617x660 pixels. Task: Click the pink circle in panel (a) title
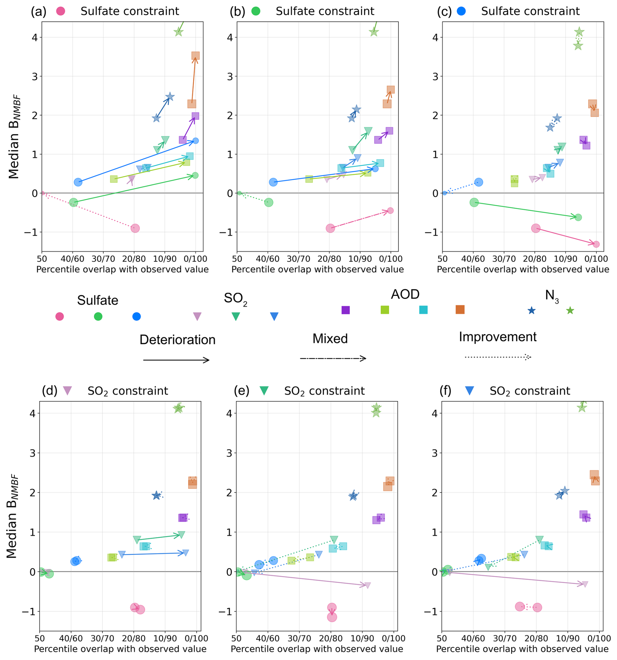61,11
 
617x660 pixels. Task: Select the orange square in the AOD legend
460,309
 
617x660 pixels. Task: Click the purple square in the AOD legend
346,310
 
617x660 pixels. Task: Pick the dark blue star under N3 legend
532,310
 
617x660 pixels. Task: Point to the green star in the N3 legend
570,310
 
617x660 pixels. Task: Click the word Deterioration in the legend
177,340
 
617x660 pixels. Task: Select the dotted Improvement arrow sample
498,357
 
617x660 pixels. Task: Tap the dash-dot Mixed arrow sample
333,358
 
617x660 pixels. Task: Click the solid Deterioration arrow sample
176,360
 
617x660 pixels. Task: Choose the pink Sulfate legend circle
59,316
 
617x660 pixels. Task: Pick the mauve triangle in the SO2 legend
197,316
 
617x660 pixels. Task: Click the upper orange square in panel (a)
195,56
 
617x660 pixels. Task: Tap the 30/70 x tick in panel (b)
298,259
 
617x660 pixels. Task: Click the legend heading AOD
405,294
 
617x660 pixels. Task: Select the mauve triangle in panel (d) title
68,390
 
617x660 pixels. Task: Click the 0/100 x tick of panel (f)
599,638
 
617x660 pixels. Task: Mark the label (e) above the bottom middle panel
242,391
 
